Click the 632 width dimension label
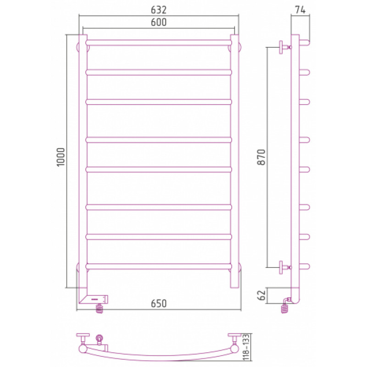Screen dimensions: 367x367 [x=158, y=10]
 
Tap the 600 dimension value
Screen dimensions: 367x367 [x=158, y=22]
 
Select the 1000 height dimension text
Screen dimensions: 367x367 [x=61, y=157]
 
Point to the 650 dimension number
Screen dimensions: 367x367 [x=159, y=304]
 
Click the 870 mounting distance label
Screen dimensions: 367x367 [x=261, y=157]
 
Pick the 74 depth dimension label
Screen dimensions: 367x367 [x=300, y=10]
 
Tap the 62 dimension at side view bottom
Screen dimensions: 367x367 [x=261, y=295]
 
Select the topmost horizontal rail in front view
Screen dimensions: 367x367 [x=159, y=43]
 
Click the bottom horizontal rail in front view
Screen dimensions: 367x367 [x=159, y=267]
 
